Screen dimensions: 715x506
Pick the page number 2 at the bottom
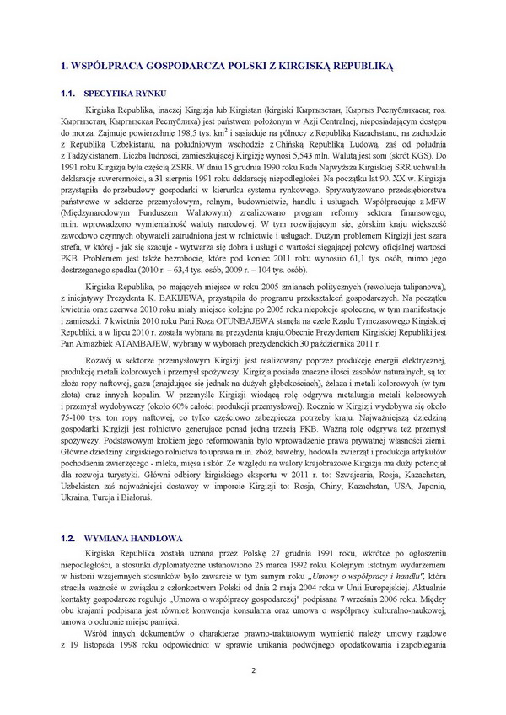coord(253,670)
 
